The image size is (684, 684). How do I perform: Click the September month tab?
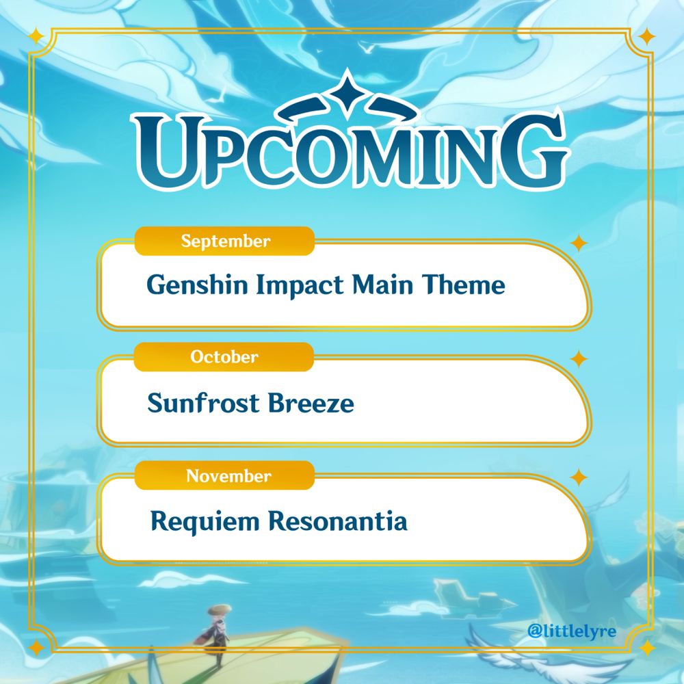(224, 241)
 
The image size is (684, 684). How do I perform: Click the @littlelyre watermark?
(572, 629)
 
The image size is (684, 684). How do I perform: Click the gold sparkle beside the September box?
(579, 243)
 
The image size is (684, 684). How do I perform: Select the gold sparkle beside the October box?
(579, 359)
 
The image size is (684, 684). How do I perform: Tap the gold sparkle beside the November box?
(579, 477)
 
